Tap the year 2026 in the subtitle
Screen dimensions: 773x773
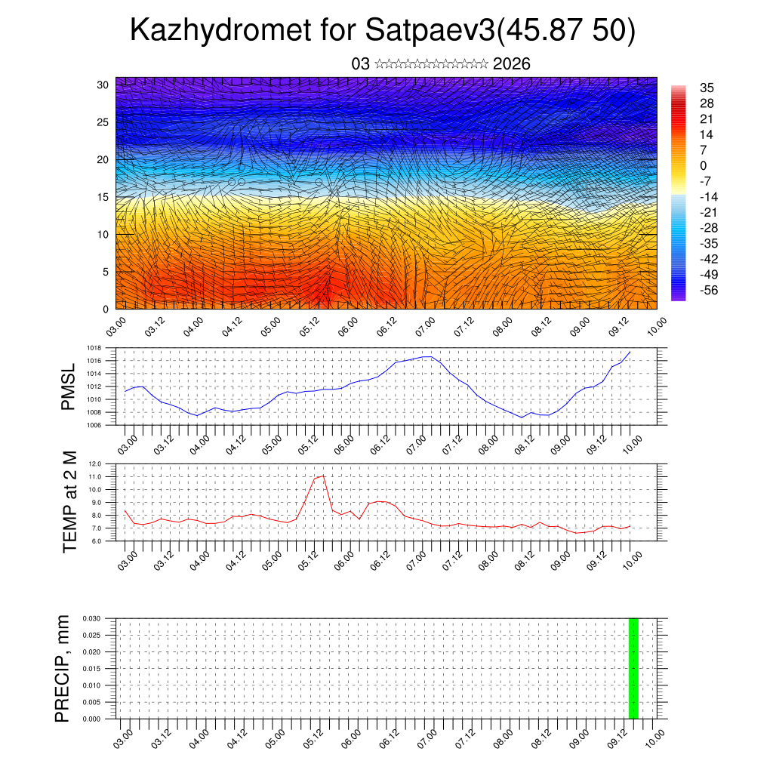(511, 64)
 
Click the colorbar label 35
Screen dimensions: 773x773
(707, 88)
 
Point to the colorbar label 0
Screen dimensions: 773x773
(704, 165)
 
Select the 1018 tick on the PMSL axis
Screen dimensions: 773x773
(94, 348)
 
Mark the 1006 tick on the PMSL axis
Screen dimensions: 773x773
(94, 425)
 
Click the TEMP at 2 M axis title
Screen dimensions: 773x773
(70, 502)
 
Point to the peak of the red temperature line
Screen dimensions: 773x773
(323, 476)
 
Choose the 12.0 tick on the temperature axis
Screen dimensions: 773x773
(96, 463)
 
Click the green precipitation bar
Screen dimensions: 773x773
(633, 668)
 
